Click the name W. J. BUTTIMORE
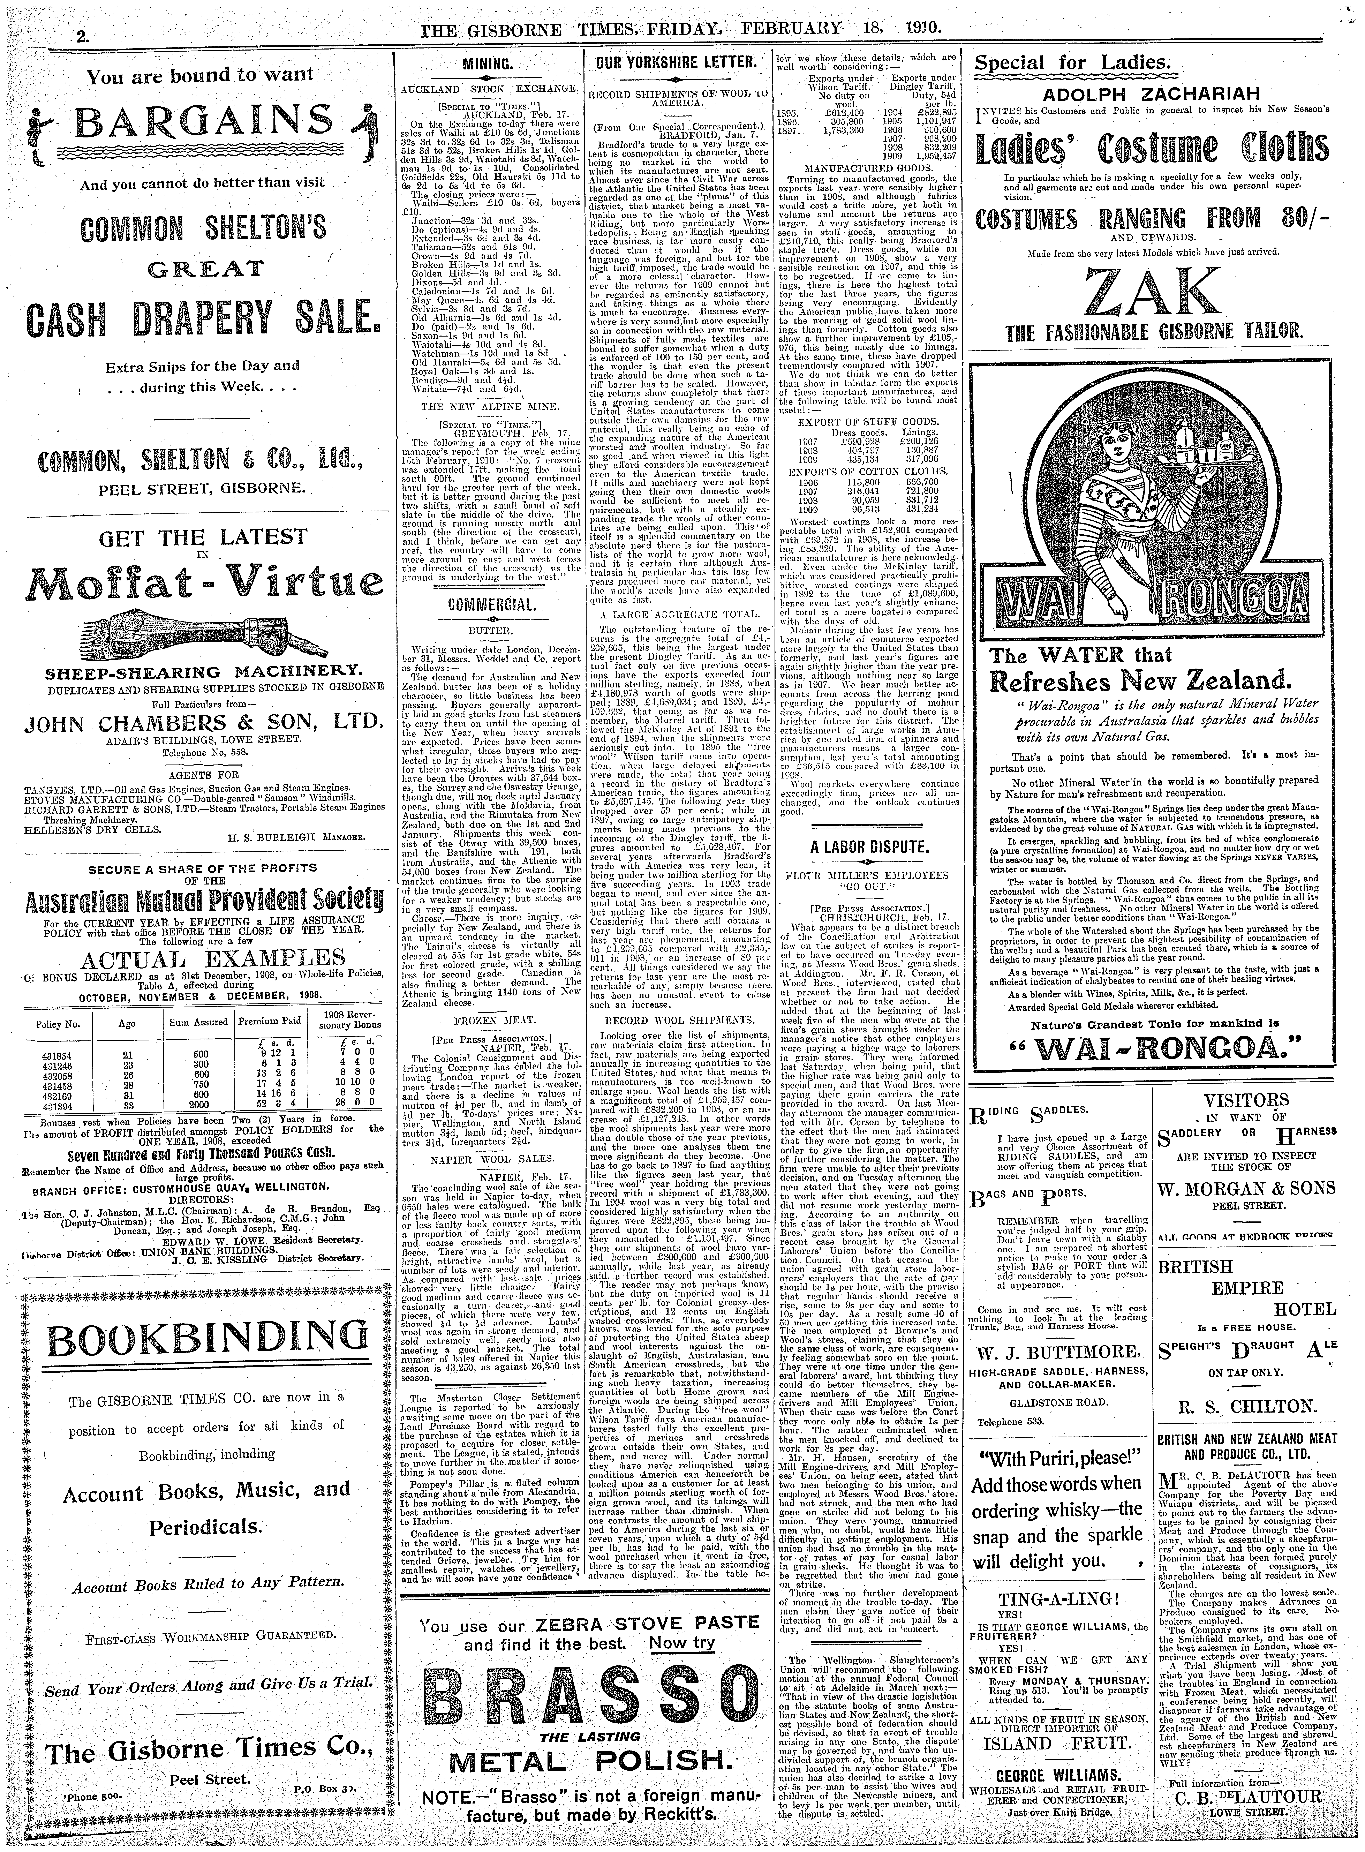click(1048, 1353)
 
